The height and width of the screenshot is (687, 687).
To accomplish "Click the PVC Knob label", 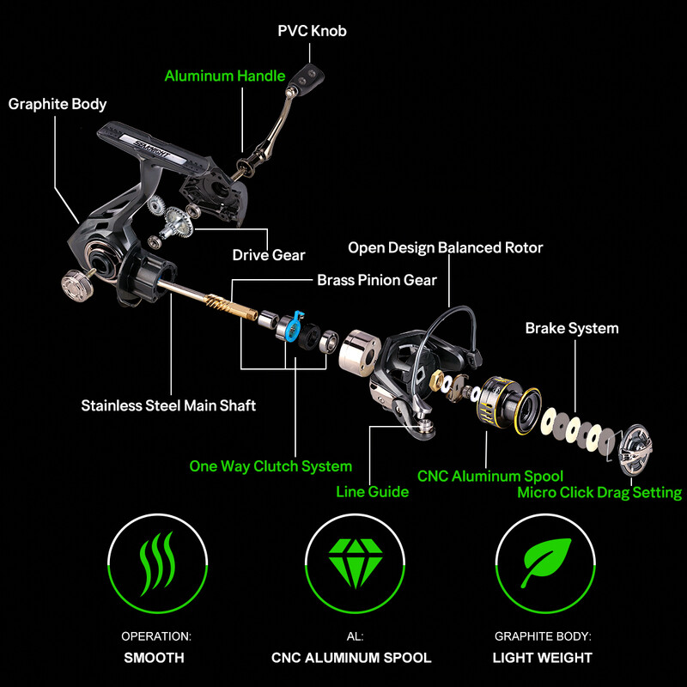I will coord(312,31).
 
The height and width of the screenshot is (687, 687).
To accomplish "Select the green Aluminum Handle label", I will coord(225,76).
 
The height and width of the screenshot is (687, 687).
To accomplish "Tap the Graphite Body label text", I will coord(58,104).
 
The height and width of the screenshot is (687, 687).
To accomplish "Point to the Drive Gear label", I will coord(269,255).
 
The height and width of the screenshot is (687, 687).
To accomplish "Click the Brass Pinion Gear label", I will coord(377,280).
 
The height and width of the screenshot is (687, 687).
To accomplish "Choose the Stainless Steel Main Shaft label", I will coord(168,405).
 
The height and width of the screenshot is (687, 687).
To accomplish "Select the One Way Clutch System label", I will coord(271,466).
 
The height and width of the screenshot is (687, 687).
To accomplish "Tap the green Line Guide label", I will coord(372,492).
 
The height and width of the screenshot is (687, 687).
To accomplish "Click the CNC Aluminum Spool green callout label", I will coord(490,476).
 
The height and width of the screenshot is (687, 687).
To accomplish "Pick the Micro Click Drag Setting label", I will coord(599,493).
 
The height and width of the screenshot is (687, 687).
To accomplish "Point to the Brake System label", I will coord(572,328).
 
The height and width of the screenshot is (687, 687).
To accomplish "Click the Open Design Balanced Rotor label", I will coord(445,248).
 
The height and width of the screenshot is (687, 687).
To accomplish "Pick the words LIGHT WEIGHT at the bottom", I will coord(542,658).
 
